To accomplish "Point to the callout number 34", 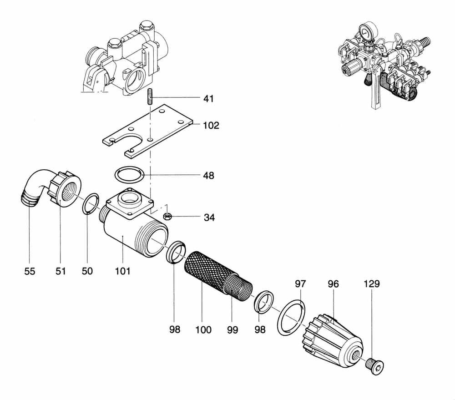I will tap(209, 218).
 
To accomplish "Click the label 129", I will tap(371, 284).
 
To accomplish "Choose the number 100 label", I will tap(203, 329).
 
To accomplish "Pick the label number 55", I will tap(30, 271).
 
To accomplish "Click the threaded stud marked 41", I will tap(150, 97).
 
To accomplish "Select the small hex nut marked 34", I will tap(167, 215).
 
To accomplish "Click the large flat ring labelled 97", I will tap(289, 319).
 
